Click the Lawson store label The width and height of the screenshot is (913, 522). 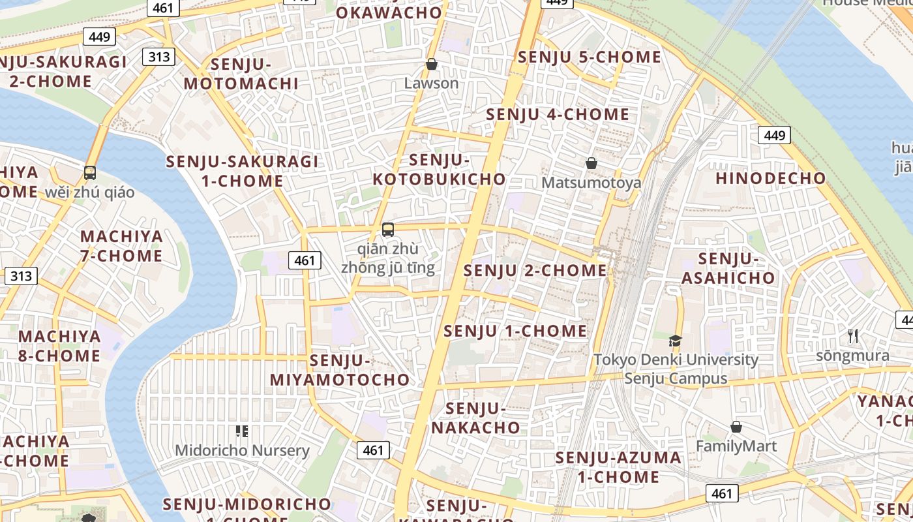[x=431, y=84]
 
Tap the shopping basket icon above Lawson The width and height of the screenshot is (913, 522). [x=431, y=64]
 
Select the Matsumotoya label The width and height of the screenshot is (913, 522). [x=591, y=183]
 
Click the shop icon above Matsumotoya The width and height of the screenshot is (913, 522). [x=591, y=163]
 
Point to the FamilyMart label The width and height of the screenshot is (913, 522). [x=736, y=446]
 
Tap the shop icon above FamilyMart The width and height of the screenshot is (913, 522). [x=736, y=427]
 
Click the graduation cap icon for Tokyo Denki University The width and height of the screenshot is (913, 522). [x=675, y=341]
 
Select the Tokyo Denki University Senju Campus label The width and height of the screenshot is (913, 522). [x=676, y=369]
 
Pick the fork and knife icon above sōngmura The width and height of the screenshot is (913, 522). [x=852, y=337]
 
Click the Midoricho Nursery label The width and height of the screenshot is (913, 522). [x=242, y=450]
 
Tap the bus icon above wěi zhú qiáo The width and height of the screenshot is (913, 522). [x=90, y=173]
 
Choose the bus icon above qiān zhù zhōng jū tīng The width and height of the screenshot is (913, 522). [x=388, y=230]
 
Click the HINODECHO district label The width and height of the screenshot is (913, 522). [x=770, y=178]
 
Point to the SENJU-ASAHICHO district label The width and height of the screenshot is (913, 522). [x=728, y=268]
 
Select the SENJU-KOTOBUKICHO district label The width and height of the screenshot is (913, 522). [x=439, y=169]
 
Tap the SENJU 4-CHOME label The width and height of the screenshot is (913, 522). [x=558, y=115]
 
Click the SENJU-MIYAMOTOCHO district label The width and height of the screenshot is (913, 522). [x=340, y=370]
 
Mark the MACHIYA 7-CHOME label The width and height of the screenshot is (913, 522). [x=121, y=246]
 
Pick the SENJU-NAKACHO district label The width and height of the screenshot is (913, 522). [x=476, y=418]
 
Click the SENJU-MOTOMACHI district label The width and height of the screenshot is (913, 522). [x=241, y=74]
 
